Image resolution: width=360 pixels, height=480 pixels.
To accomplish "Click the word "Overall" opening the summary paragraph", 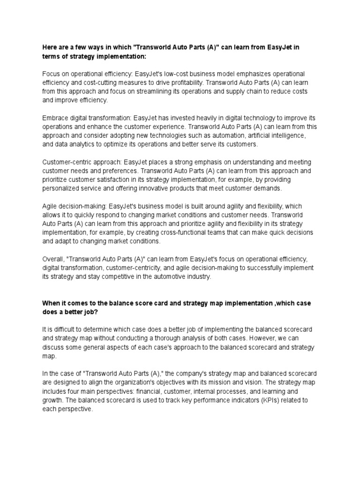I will (53, 259).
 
